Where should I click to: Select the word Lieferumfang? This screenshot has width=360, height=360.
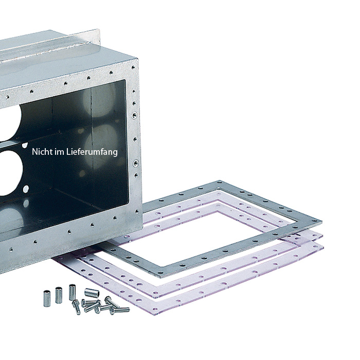(92, 152)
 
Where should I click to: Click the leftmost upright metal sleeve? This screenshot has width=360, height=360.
(47, 298)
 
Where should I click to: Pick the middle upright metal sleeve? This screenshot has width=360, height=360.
(59, 295)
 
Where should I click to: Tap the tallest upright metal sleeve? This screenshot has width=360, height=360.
(72, 292)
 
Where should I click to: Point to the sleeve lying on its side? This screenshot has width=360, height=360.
(92, 292)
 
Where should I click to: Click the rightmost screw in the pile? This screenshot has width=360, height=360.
(119, 310)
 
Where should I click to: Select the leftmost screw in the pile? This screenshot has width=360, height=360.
(76, 307)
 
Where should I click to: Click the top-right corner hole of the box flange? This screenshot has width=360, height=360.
(133, 67)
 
